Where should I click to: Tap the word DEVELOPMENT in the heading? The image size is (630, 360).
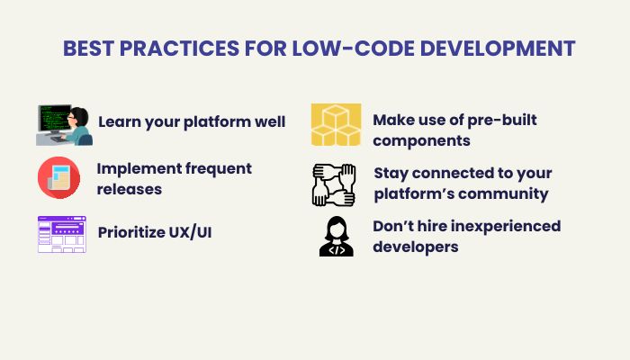[x=498, y=49]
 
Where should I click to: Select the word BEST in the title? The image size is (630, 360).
[x=88, y=49]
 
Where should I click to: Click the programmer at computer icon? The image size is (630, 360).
[x=64, y=125]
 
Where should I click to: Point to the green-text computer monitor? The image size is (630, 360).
[x=54, y=119]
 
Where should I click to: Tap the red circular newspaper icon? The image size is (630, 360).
[x=58, y=177]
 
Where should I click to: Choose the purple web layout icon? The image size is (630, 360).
[x=62, y=234]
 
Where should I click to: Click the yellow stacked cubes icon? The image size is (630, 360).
[x=336, y=124]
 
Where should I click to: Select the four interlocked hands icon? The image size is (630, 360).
[x=334, y=185]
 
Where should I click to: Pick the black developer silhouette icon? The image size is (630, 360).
[x=337, y=236]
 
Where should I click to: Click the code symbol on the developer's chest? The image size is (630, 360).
[x=337, y=250]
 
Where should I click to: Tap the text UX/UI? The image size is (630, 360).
[x=190, y=232]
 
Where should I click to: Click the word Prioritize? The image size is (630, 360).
[x=130, y=232]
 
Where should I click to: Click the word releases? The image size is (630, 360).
[x=130, y=189]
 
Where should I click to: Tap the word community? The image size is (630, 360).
[x=503, y=194]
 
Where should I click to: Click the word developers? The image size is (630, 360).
[x=416, y=247]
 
